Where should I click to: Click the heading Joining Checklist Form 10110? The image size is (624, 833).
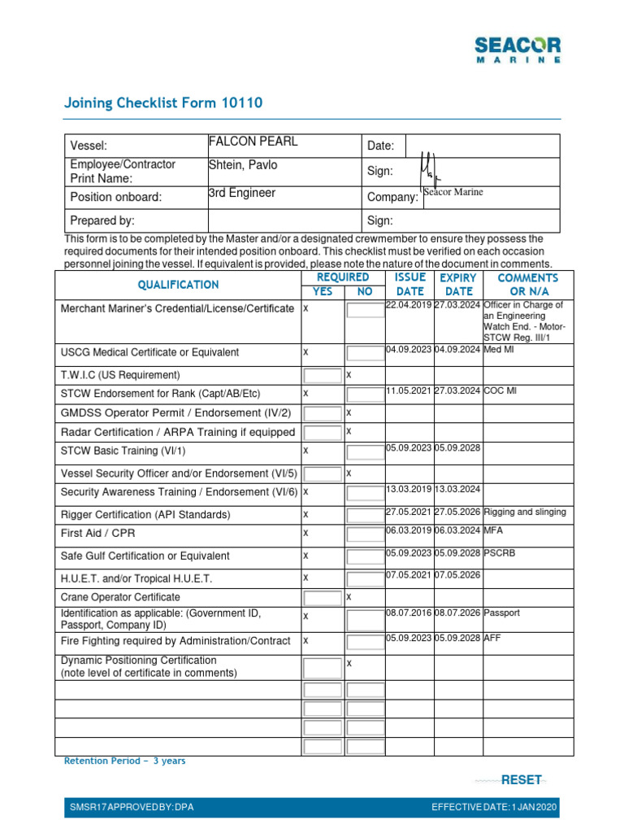tap(163, 102)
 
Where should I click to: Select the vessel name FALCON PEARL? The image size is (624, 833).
tap(253, 142)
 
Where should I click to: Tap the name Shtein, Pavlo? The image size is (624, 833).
tap(243, 165)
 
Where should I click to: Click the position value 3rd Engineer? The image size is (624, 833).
tap(242, 193)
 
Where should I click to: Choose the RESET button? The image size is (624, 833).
tap(521, 780)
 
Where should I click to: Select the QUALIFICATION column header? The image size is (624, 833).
tap(178, 285)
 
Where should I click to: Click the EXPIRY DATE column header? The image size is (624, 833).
tap(458, 285)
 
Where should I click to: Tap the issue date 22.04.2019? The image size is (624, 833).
tap(409, 305)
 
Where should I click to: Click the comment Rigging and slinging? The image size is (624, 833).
tap(525, 512)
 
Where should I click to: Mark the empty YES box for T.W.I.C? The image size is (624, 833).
tap(322, 375)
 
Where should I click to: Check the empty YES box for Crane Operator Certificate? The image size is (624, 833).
tap(322, 597)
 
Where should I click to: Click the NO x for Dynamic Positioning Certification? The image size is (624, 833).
tap(349, 664)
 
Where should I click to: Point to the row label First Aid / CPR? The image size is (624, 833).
tap(93, 533)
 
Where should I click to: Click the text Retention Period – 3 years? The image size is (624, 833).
tap(124, 761)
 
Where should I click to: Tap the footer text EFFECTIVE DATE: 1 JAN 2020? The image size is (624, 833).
tap(494, 808)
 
